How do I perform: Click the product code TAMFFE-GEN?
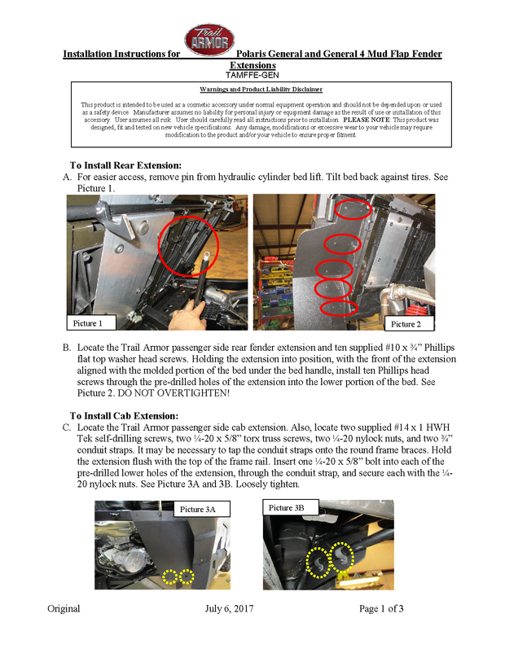253,74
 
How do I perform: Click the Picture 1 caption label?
90,323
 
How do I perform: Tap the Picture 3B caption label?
287,507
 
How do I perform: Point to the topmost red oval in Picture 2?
353,211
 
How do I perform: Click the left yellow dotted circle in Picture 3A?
169,577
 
